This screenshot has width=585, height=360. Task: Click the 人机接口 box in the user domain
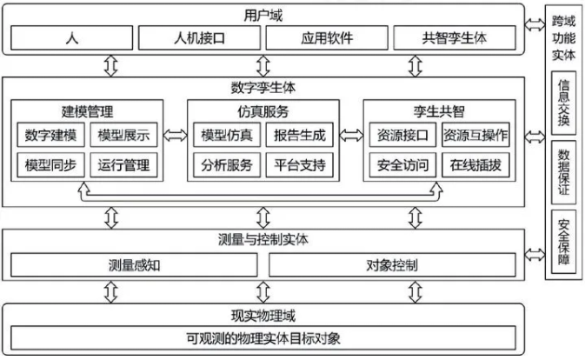tap(198, 39)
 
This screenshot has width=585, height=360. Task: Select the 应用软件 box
tap(326, 39)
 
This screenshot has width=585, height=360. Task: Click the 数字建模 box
tap(50, 136)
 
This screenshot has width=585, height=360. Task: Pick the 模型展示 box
tap(123, 136)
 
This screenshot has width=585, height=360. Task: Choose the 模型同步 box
tap(50, 164)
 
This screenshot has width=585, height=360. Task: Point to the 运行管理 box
tap(123, 164)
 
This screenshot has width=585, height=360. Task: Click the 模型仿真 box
tap(227, 136)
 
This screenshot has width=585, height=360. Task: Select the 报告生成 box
tap(300, 136)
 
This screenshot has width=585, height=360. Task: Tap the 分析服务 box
tap(227, 164)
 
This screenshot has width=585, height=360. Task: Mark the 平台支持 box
tap(300, 164)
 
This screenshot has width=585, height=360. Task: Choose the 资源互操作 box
tap(475, 136)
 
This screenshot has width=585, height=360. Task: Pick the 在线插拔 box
tap(475, 164)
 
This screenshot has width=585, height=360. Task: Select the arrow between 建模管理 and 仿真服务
tap(176, 136)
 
